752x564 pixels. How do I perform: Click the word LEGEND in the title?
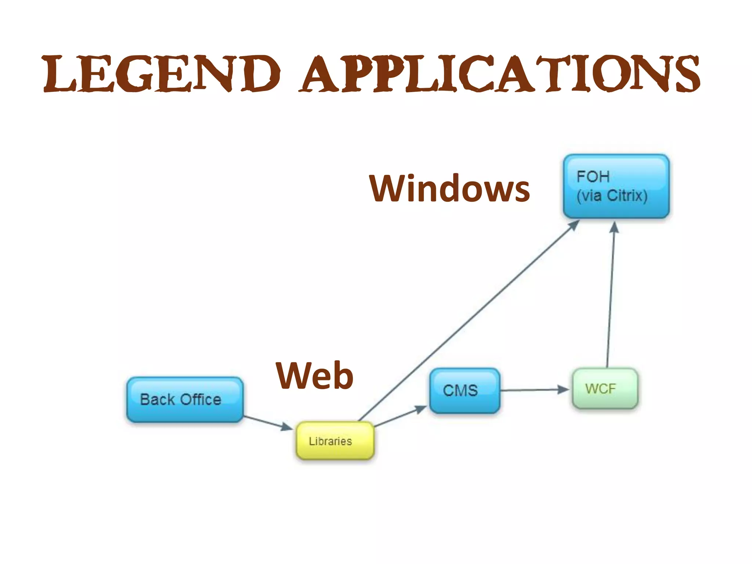click(x=162, y=73)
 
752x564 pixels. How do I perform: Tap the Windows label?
click(x=449, y=188)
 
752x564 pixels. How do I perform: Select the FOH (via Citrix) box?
click(x=616, y=186)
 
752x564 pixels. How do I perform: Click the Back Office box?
click(x=185, y=399)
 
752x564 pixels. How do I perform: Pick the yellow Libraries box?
click(x=335, y=440)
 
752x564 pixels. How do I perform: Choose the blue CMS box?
click(x=464, y=390)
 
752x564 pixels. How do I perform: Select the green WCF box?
click(x=605, y=388)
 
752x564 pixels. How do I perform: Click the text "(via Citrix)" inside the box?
click(x=612, y=196)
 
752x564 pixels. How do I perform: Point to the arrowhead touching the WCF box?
click(x=563, y=389)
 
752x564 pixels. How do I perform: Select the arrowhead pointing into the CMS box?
click(x=421, y=409)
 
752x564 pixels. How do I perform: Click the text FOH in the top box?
click(x=593, y=177)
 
